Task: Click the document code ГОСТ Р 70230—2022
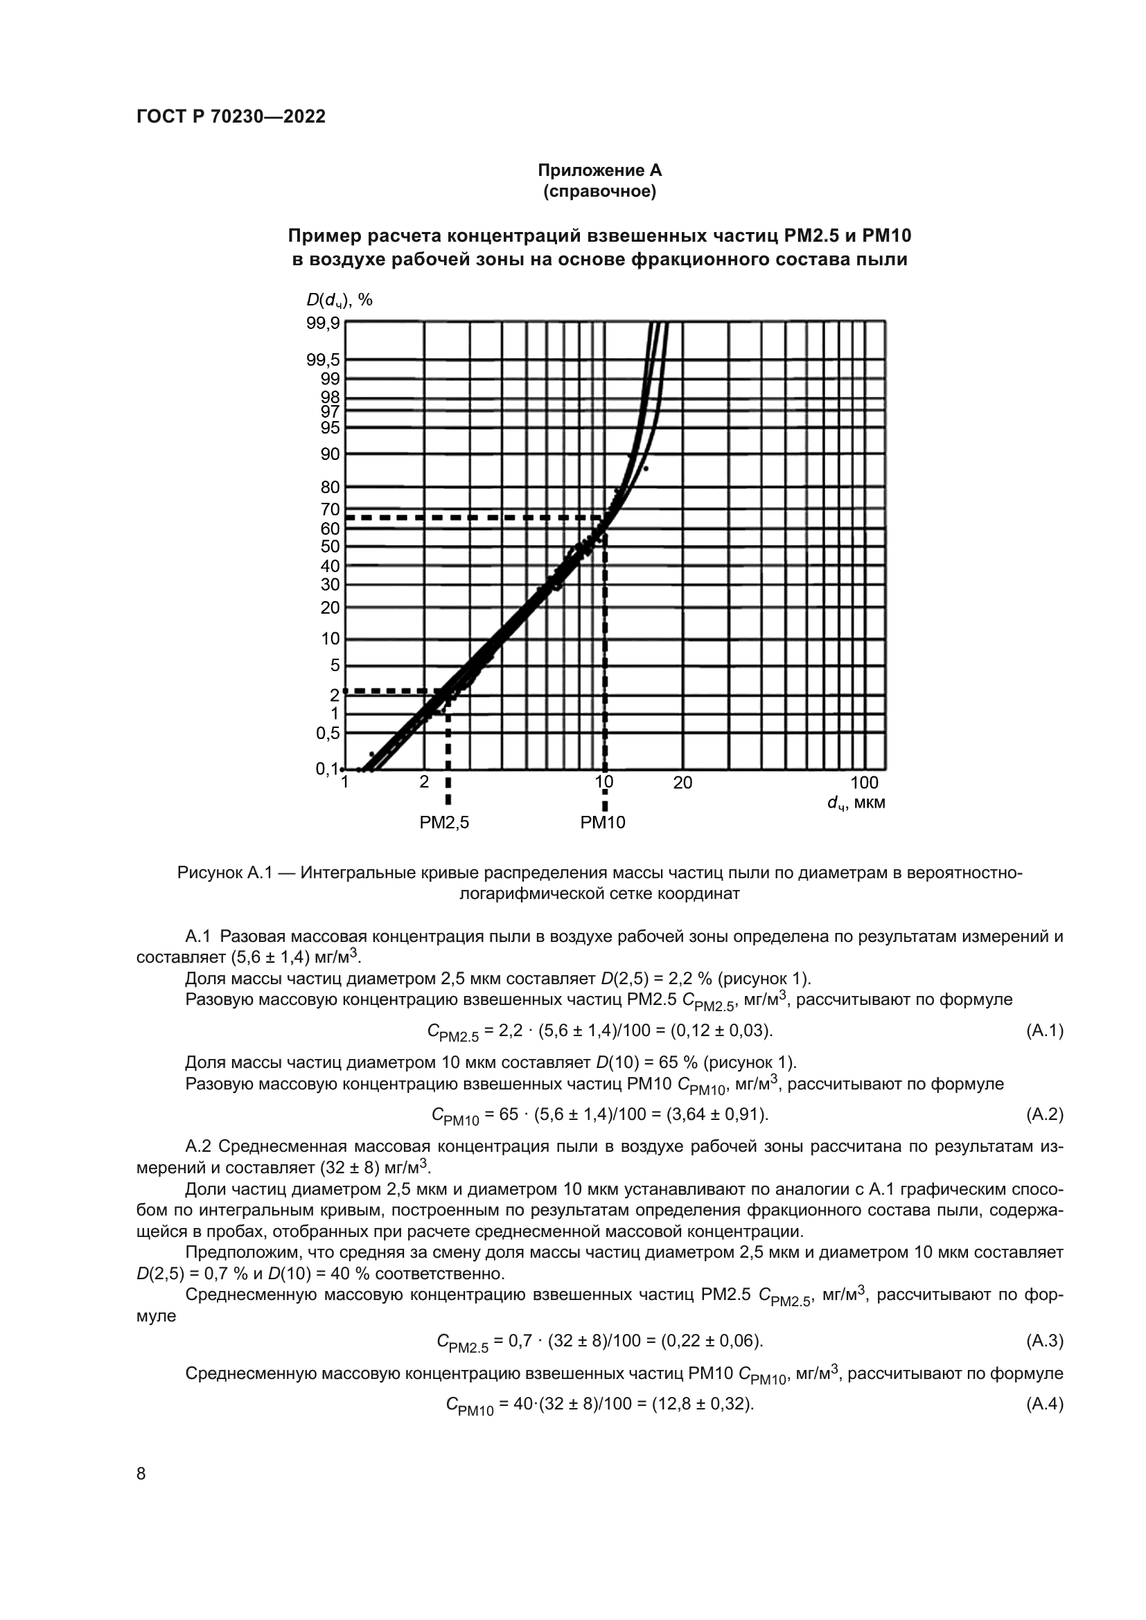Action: (231, 117)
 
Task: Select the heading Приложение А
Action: (599, 171)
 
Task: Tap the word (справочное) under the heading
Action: (599, 191)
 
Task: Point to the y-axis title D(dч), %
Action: (339, 300)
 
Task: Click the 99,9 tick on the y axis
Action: (322, 323)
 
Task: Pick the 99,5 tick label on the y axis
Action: (322, 361)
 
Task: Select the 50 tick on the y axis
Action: (330, 546)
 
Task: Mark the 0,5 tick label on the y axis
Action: (328, 733)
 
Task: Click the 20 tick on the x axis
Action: (682, 783)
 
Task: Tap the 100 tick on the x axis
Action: (864, 783)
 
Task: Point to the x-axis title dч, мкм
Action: (856, 803)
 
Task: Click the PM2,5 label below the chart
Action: (444, 823)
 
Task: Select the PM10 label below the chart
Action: (603, 823)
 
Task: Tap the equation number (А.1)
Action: (1043, 1031)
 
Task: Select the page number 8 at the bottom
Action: (141, 1474)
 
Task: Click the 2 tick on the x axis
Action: (424, 783)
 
